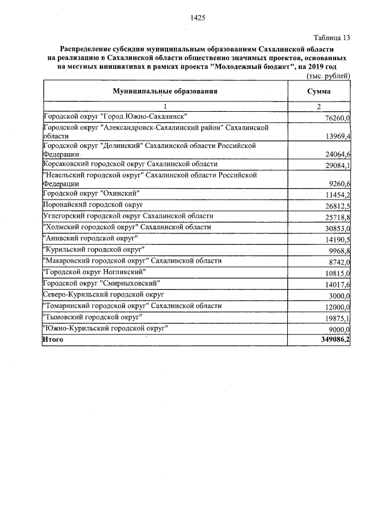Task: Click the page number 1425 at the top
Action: click(x=197, y=18)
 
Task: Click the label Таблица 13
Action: click(x=331, y=38)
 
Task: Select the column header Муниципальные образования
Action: click(x=165, y=91)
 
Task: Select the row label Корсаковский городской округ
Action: click(x=130, y=164)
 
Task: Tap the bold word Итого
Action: click(x=53, y=340)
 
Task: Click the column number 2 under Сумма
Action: click(x=318, y=107)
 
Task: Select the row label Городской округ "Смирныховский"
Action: click(x=101, y=283)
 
